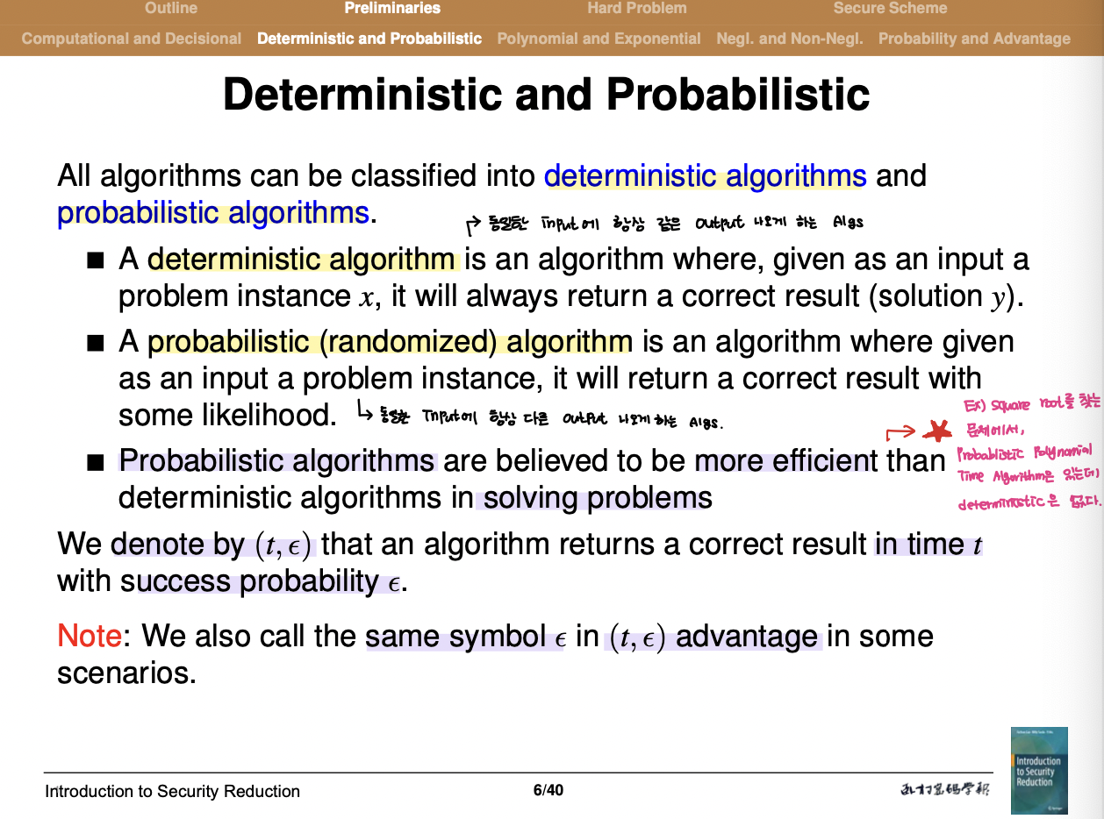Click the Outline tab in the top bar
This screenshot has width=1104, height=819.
coord(171,9)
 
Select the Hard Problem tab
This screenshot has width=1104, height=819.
coord(636,9)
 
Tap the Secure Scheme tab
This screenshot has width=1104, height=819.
coord(890,9)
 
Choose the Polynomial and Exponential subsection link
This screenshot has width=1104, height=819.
coord(599,39)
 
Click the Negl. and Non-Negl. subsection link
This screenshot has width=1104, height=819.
coord(789,39)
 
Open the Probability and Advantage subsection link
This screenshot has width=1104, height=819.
coord(974,39)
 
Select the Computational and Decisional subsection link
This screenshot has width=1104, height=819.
coord(132,39)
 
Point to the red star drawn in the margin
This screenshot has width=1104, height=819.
coord(939,431)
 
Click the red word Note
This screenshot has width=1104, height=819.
coord(89,636)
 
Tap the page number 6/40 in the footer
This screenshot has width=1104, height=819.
coord(548,790)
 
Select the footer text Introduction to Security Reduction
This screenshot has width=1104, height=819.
coord(173,791)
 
